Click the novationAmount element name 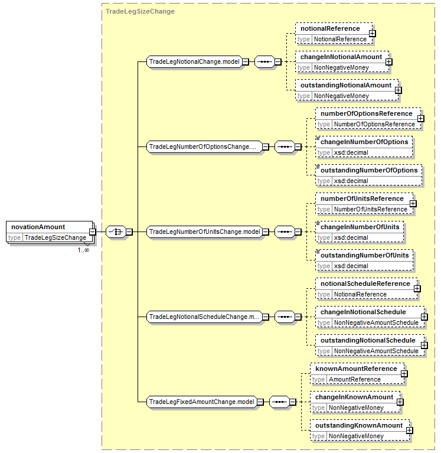[38, 227]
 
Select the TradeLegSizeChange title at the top [140, 11]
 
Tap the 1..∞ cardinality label [83, 250]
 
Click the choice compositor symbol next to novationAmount [116, 232]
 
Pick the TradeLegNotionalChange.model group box [194, 61]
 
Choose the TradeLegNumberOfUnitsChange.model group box [205, 232]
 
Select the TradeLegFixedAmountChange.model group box [202, 402]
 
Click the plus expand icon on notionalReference [373, 34]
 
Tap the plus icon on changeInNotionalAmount [388, 62]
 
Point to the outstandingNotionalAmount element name [346, 85]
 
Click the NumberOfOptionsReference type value [374, 124]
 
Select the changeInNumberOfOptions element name [364, 142]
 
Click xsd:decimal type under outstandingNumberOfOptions [351, 181]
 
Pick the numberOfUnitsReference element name [362, 198]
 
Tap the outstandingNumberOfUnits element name [365, 255]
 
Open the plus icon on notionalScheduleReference [417, 289]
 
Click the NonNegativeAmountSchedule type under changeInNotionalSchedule [376, 322]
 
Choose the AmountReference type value [355, 379]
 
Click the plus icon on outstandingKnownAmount [409, 431]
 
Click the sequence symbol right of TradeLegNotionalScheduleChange [285, 317]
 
